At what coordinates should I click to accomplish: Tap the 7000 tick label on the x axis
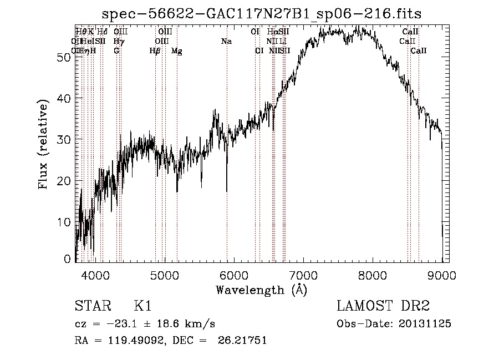coord(303,273)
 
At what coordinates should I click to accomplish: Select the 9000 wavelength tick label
coord(441,273)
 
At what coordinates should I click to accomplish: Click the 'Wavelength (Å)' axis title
coord(261,290)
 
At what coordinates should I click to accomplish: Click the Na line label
coord(226,42)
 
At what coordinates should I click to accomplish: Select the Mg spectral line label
coord(176,51)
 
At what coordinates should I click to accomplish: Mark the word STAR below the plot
coord(91,306)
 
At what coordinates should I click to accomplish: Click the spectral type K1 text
coord(142,306)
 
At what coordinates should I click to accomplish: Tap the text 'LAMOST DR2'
coord(383,306)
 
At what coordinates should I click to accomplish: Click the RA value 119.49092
coord(124,341)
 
